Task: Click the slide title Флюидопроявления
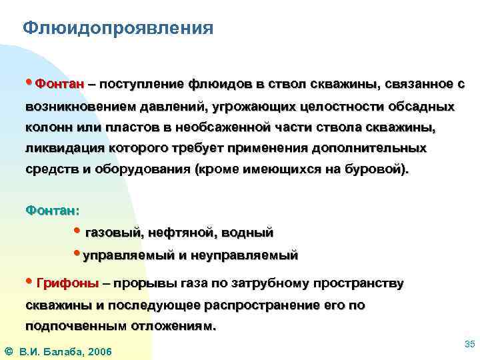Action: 118,29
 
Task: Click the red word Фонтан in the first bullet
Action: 60,85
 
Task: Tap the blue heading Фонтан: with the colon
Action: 52,211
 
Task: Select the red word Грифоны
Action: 67,284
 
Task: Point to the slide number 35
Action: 469,343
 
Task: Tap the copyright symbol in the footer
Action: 8,351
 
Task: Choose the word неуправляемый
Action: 245,255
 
